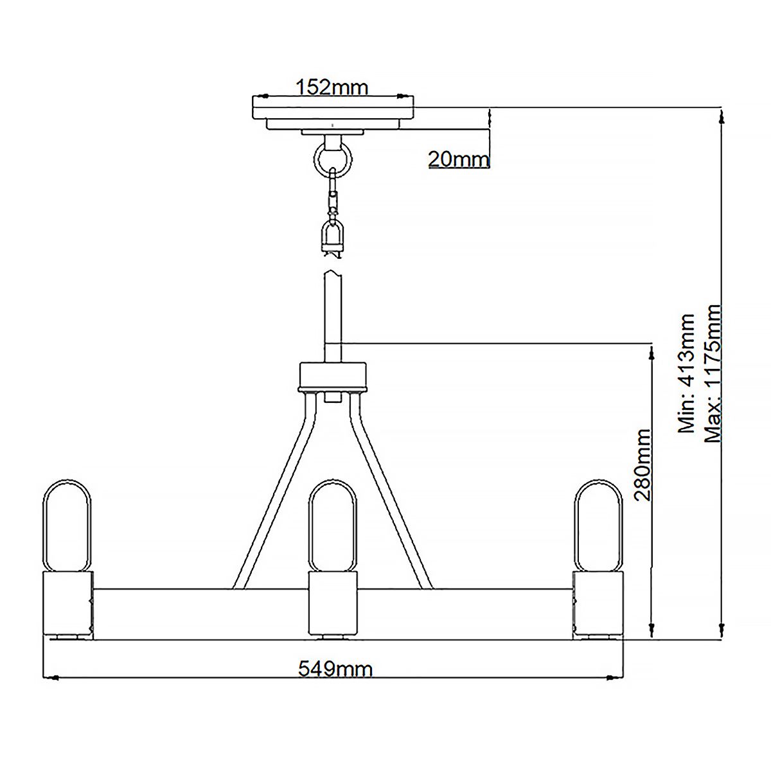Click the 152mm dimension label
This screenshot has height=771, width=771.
coord(332,87)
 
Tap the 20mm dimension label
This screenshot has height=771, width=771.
coord(459,159)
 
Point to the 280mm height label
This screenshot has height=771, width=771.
coord(642,465)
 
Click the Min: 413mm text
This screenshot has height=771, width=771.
coord(687,373)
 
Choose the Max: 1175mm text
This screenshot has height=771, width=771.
coord(713,373)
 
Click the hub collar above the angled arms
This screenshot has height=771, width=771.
coord(332,377)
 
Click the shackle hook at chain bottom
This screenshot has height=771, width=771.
coord(333,236)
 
